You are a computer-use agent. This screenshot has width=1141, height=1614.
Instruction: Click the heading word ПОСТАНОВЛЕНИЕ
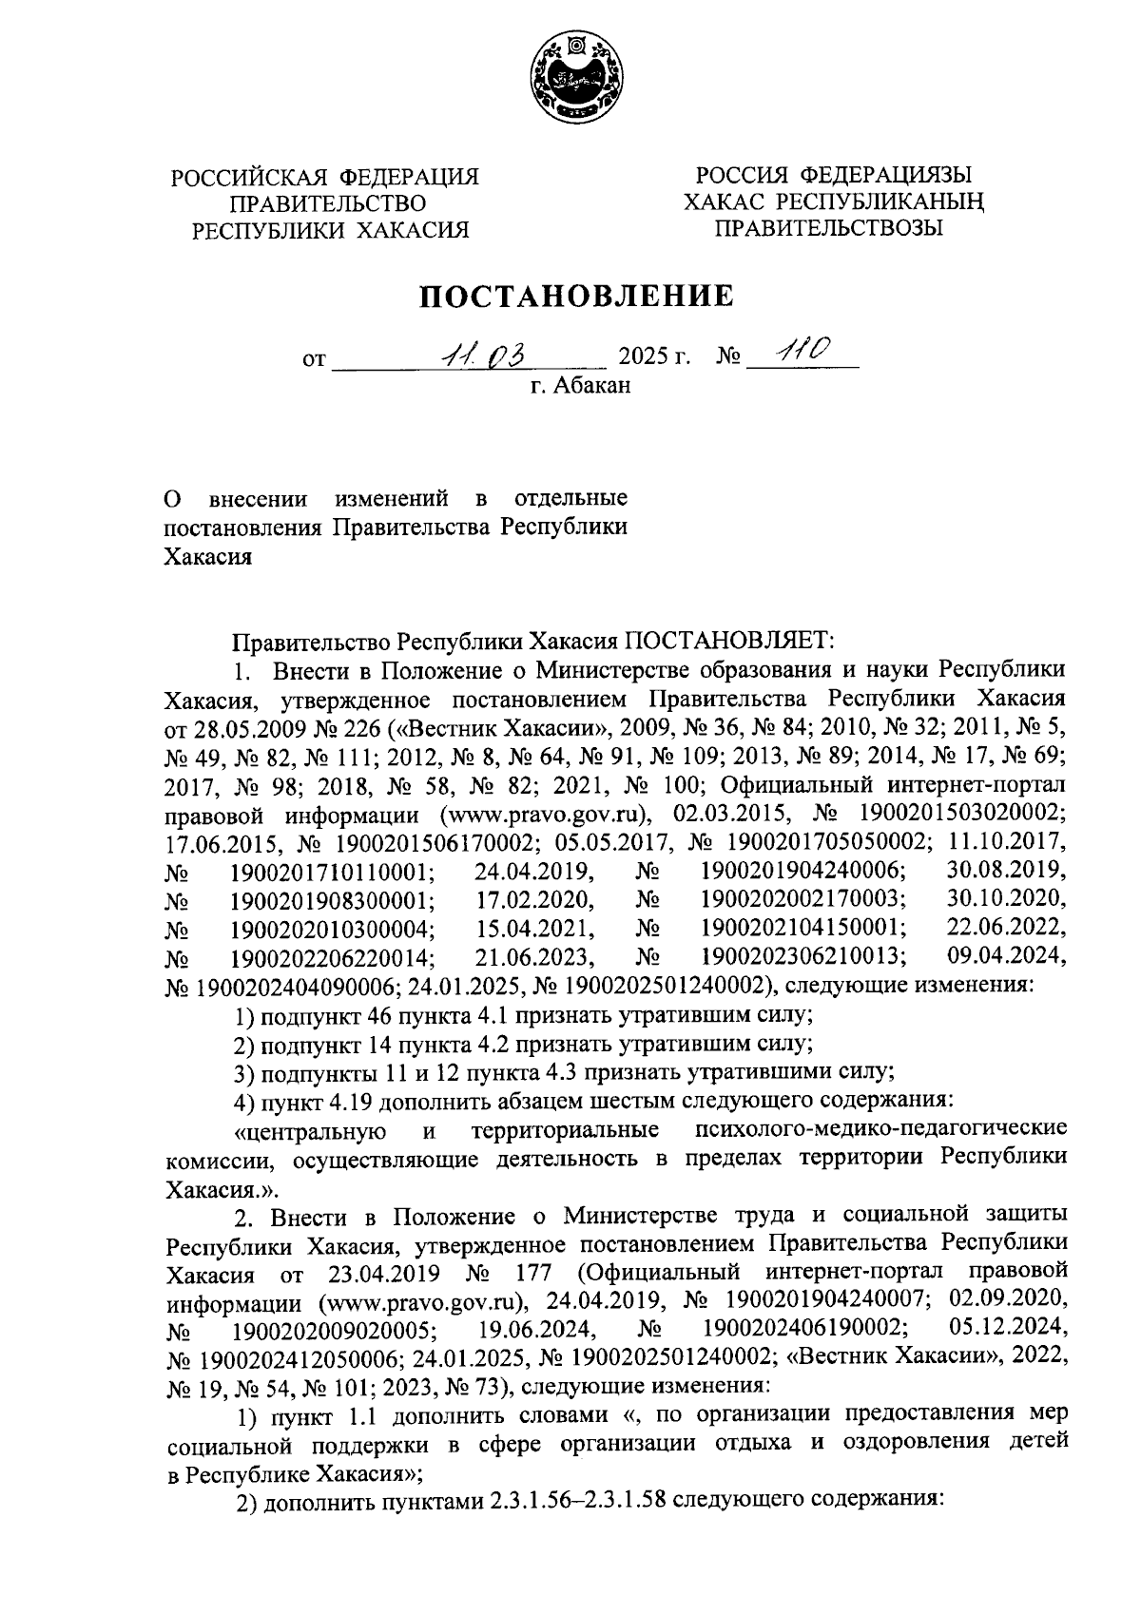578,297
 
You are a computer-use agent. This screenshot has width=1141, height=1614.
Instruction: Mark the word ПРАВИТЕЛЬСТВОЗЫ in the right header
829,228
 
